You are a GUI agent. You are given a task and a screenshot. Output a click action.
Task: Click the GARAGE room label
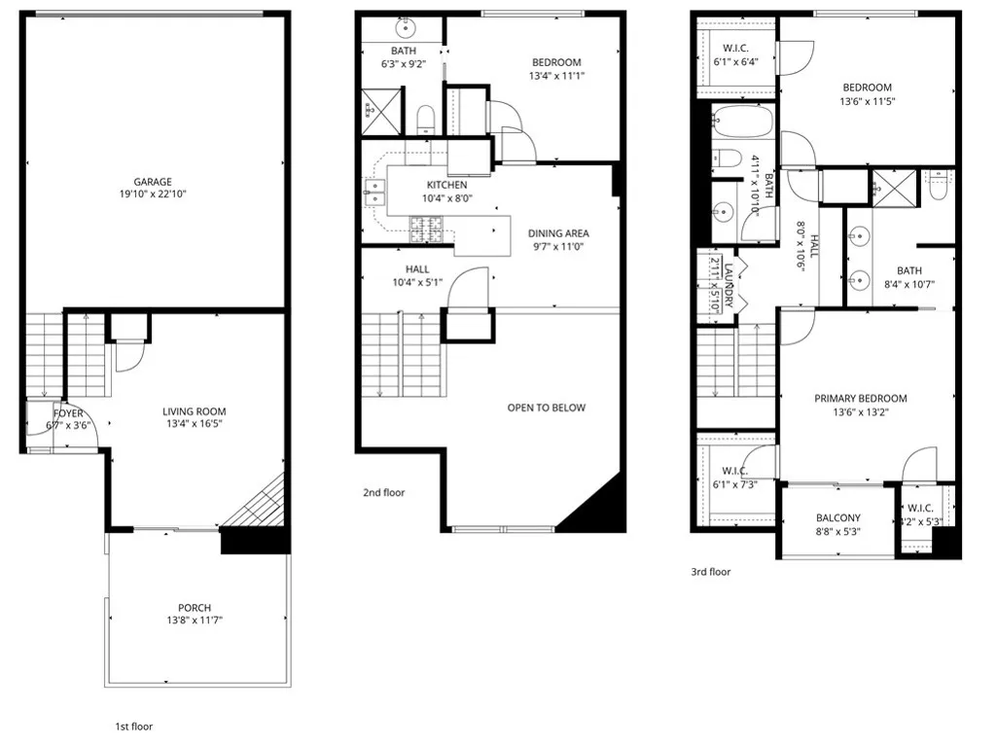click(153, 181)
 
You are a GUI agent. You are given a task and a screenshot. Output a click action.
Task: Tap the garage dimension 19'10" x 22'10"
click(153, 195)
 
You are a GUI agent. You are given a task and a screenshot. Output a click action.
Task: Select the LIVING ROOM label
click(193, 411)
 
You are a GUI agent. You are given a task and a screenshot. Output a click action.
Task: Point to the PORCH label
click(195, 608)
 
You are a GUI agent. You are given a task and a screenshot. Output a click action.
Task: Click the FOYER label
click(68, 413)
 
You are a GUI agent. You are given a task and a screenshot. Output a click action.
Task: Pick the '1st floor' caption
click(134, 726)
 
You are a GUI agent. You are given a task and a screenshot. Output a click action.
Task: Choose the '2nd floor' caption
click(383, 493)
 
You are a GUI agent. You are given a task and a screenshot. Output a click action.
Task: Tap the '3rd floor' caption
click(710, 572)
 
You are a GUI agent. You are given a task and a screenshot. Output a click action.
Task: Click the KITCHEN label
click(446, 185)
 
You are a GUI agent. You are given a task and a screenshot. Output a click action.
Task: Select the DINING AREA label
click(558, 233)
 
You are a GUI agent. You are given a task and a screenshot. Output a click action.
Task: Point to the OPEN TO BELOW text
click(547, 407)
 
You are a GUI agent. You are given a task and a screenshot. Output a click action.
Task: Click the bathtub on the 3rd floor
click(741, 124)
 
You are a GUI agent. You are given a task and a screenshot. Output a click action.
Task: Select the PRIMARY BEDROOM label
click(861, 399)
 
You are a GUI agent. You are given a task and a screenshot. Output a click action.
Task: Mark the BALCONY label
click(837, 518)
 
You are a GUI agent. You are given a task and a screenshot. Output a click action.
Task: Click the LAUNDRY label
click(727, 282)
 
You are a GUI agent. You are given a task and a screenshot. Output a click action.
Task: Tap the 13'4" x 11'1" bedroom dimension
click(556, 76)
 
